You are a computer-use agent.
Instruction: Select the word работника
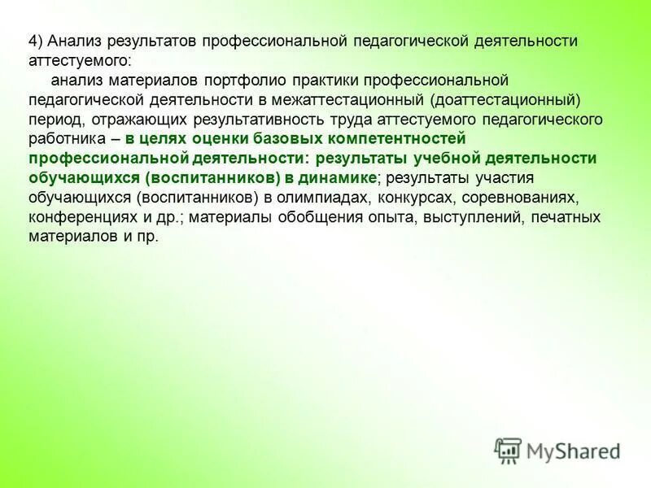(x=67, y=139)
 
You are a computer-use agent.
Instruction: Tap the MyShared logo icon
(x=508, y=450)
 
